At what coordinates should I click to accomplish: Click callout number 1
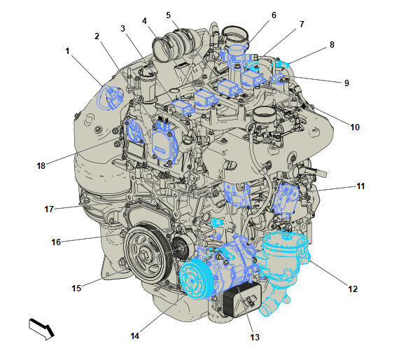click(x=68, y=51)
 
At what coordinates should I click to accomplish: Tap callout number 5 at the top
click(x=168, y=15)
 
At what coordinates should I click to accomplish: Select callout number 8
click(x=332, y=45)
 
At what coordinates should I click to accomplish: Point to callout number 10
click(x=355, y=127)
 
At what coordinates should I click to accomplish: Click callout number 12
click(x=353, y=289)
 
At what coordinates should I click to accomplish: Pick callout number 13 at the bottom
click(x=255, y=337)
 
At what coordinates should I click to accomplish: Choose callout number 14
click(x=134, y=336)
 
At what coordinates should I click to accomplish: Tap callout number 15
click(x=76, y=289)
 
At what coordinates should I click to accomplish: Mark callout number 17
click(x=49, y=209)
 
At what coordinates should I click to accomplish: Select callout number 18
click(x=41, y=166)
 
